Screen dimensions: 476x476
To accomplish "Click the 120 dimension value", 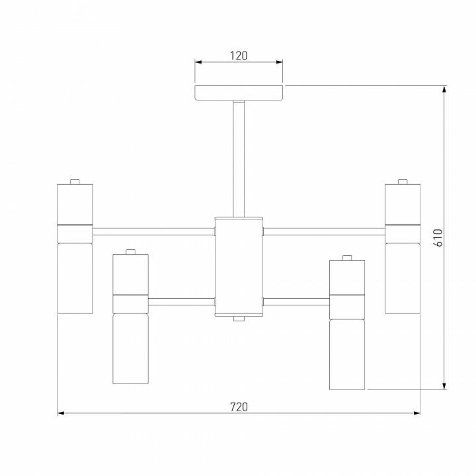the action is point(239,56).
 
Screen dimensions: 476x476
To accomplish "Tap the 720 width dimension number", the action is point(239,407).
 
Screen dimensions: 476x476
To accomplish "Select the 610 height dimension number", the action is point(438,238).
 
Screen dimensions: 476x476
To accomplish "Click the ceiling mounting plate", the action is point(239,93).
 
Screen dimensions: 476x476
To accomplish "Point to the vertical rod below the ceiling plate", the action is point(239,159).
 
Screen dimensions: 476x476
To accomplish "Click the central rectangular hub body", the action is point(239,267).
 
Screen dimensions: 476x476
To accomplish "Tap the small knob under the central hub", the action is point(239,319).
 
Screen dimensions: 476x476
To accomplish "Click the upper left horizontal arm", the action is point(153,231).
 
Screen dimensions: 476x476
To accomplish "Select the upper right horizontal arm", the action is point(324,231).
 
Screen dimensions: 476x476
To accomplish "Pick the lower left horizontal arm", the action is point(182,301).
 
